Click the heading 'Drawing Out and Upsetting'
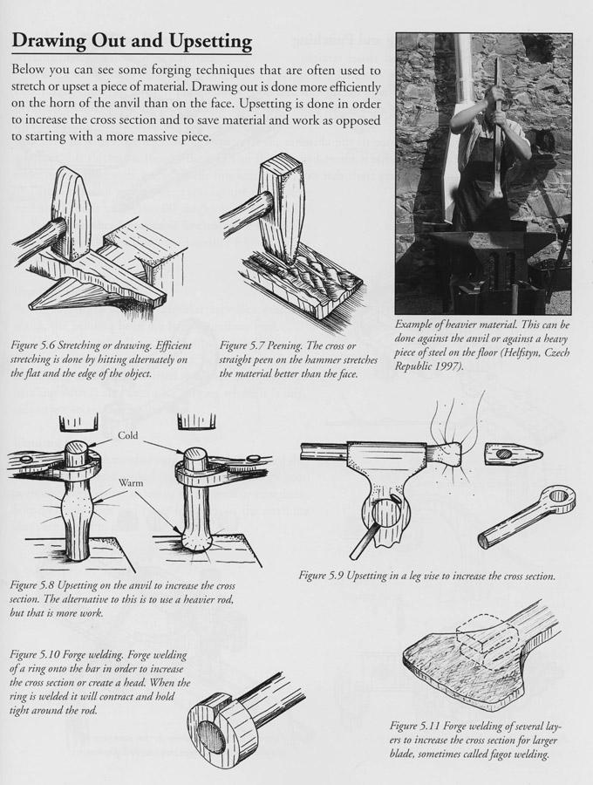(132, 41)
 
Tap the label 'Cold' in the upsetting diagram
(128, 434)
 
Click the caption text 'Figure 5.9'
(328, 576)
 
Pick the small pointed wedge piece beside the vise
(513, 454)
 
